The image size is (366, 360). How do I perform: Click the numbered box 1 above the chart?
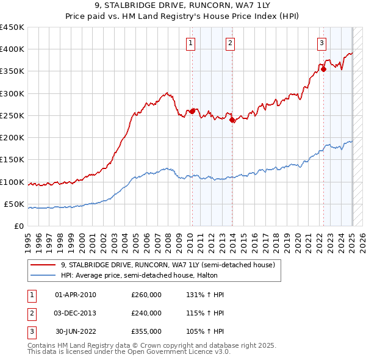pos(191,43)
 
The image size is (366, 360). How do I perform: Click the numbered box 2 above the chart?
pos(230,43)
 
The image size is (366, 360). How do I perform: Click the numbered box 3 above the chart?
pos(321,43)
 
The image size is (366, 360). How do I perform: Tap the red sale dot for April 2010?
pos(192,111)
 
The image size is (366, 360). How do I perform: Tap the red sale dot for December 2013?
pos(232,120)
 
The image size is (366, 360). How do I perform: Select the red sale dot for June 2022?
pos(323,69)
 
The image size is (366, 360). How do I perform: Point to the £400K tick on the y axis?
pos(12,49)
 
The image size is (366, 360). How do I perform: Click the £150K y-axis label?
pos(12,160)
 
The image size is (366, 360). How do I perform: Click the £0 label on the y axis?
pos(18,226)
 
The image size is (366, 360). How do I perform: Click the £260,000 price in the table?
pos(146,295)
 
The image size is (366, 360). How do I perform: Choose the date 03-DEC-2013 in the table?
pos(75,313)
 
